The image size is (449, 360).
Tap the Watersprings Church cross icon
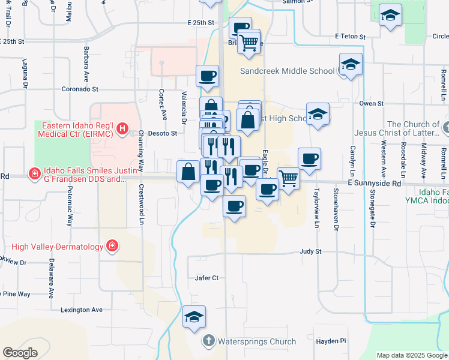(208, 341)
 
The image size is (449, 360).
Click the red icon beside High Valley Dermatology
(111, 246)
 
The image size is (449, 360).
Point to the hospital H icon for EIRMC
(122, 128)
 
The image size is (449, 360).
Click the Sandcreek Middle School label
(287, 71)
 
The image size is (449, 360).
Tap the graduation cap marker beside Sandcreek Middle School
(351, 64)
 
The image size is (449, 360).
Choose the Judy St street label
(311, 252)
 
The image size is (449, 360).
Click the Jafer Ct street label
(207, 278)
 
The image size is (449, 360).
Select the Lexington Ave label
(82, 310)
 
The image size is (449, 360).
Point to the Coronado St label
(80, 89)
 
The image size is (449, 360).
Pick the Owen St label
(371, 103)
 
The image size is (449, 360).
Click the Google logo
(20, 353)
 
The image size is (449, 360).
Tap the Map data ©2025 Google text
(412, 355)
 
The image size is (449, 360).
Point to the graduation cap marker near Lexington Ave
(194, 317)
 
